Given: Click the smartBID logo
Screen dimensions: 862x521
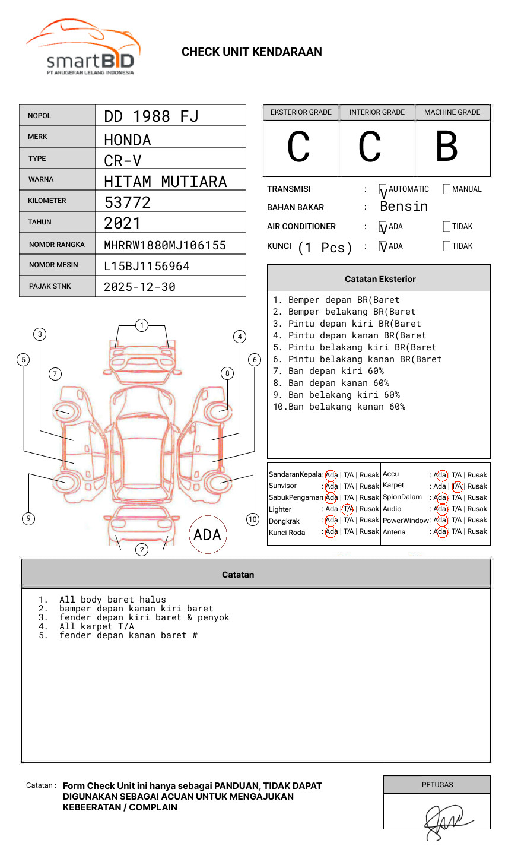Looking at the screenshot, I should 83,47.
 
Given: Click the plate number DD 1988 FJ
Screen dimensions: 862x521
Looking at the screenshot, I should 151,116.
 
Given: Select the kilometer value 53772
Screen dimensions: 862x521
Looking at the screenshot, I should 128,202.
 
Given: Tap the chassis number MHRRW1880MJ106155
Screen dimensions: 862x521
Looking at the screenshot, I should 165,245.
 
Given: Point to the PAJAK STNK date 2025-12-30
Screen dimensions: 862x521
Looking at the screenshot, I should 139,287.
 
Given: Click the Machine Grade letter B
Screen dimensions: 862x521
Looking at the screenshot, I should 447,147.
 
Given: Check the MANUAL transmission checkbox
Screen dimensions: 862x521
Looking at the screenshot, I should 447,189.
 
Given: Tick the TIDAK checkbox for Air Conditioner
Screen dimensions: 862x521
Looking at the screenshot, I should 447,227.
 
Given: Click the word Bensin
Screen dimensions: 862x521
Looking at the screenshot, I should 404,207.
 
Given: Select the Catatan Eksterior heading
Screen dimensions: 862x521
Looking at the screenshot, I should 380,279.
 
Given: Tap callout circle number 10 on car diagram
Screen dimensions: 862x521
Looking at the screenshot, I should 253,519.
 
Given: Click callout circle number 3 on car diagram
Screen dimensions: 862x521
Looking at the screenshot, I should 40,334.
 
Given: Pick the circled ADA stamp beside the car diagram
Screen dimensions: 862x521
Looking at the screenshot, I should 207,535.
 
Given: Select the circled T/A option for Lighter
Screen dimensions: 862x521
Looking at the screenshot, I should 348,509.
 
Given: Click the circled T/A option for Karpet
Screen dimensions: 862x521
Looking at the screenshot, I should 457,486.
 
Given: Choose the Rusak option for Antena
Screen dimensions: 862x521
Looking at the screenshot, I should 477,531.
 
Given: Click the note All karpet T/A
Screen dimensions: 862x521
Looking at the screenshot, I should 96,626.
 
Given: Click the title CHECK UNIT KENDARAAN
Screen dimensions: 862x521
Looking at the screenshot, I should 252,52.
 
